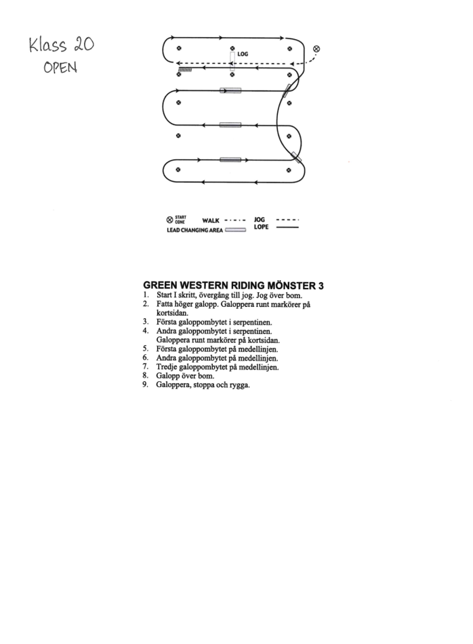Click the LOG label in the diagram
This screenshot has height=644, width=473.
(242, 54)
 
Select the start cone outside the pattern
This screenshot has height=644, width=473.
(316, 48)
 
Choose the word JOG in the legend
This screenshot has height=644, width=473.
(258, 219)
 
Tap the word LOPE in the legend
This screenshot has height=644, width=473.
(261, 226)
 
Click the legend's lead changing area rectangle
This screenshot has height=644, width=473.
(235, 230)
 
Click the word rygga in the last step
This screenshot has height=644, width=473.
(240, 385)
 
